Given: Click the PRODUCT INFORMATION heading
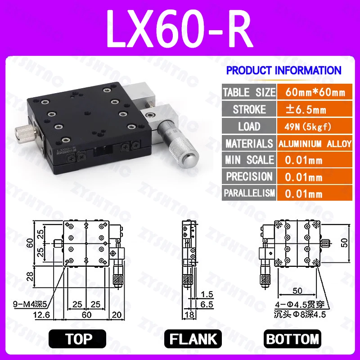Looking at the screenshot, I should point(283,71).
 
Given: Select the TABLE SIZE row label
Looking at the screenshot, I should point(249,93).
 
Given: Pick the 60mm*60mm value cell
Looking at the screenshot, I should point(315,93).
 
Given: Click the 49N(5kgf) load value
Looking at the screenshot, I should point(309,126).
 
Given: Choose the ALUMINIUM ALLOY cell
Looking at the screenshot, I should point(315,144).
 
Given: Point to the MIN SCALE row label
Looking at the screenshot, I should point(249,160).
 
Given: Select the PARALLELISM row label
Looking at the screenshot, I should point(249,193).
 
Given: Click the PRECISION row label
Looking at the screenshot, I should point(249,176).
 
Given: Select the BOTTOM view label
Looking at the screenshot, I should point(293,339).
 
